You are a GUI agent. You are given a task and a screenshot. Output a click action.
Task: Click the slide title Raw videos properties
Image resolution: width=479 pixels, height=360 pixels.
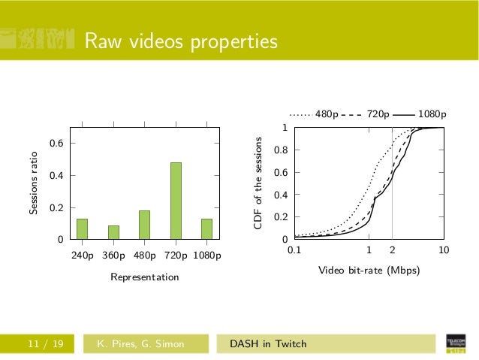click(x=180, y=42)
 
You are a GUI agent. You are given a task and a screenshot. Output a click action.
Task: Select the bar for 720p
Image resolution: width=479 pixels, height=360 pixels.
click(x=176, y=201)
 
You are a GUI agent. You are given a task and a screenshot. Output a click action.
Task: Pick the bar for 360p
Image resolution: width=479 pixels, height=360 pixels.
click(x=113, y=232)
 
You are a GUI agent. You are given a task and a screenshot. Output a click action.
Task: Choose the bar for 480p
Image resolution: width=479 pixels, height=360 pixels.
click(x=144, y=225)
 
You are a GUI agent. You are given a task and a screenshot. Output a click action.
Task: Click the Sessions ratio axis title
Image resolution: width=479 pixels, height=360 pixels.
click(x=34, y=184)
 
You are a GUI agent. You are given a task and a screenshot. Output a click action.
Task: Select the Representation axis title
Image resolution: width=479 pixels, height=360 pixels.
click(x=144, y=277)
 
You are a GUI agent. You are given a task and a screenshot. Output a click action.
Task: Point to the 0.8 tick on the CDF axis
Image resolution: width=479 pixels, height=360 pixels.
click(x=279, y=150)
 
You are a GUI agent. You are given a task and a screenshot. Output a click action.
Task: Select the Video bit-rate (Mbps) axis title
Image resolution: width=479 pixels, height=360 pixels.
click(x=369, y=270)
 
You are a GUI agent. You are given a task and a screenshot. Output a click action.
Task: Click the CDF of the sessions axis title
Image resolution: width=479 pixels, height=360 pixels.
click(x=258, y=184)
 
